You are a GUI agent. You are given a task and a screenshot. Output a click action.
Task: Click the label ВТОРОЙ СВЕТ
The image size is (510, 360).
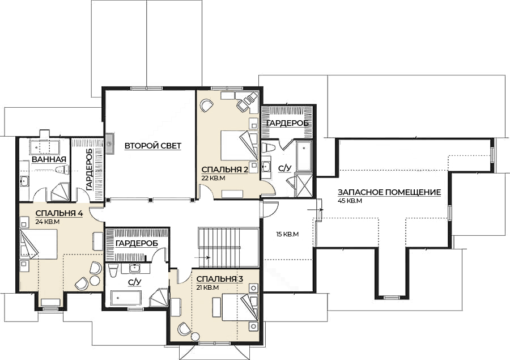[152, 146]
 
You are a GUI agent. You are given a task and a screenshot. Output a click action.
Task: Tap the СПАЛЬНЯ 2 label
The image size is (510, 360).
[225, 170]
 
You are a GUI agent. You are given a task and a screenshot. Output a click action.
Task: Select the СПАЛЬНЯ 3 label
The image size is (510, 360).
[219, 279]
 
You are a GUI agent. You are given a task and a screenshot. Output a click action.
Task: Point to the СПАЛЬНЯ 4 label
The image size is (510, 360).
[59, 214]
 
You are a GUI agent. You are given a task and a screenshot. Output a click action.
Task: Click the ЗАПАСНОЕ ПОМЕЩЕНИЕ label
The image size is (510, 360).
[389, 192]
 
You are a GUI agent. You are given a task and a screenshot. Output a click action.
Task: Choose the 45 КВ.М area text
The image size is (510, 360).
[350, 201]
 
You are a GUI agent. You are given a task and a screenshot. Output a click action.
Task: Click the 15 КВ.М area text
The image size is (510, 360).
[287, 234]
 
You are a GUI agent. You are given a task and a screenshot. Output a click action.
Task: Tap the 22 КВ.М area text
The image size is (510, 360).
[214, 178]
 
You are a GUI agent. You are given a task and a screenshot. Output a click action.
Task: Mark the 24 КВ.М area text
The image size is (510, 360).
[48, 222]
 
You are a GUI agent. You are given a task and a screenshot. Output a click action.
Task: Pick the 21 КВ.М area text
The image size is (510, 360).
[207, 287]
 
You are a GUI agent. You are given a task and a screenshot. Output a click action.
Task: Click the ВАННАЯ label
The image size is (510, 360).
[49, 159]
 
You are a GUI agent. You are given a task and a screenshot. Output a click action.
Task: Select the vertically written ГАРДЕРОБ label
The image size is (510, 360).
[90, 170]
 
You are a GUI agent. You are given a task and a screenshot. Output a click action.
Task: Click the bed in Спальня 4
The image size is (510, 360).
[39, 244]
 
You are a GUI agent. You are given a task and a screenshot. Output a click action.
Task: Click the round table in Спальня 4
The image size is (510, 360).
[95, 280]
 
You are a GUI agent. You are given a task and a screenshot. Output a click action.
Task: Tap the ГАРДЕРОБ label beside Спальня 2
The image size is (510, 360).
[287, 124]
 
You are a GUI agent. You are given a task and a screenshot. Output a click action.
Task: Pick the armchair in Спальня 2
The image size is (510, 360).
[206, 106]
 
